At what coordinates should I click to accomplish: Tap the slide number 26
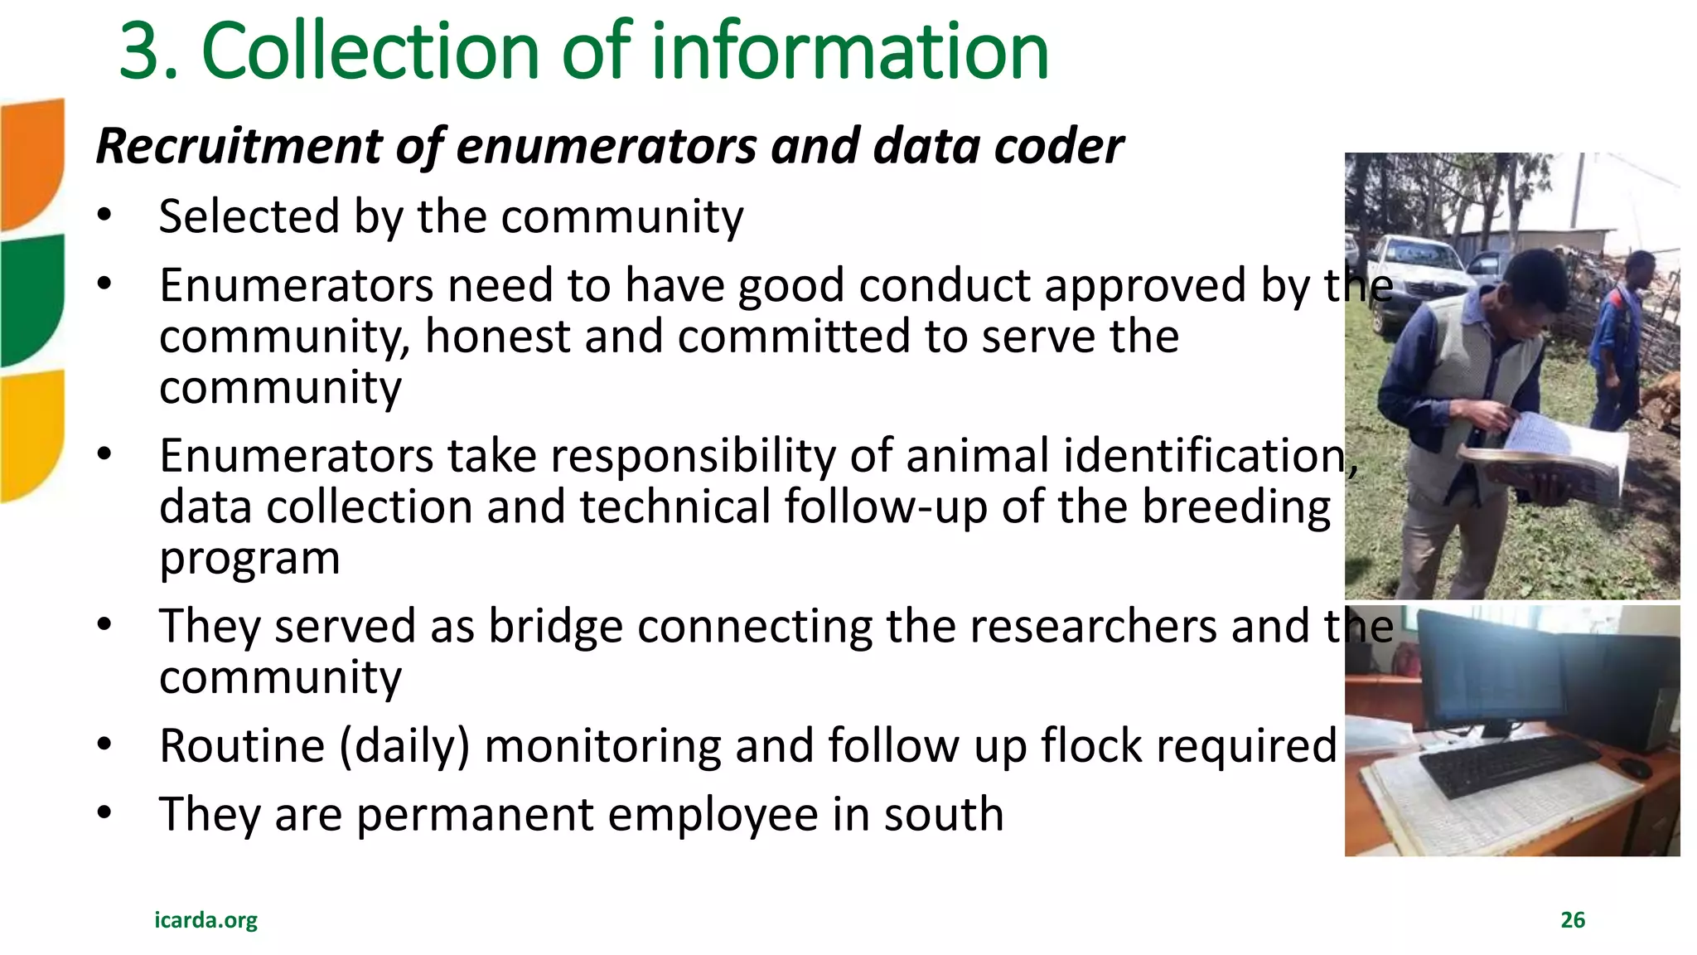1572,919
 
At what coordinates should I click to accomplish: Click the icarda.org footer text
205,919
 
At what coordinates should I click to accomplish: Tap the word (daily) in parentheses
404,745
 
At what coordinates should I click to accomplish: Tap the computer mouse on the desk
1635,767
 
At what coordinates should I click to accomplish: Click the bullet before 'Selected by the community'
104,216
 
